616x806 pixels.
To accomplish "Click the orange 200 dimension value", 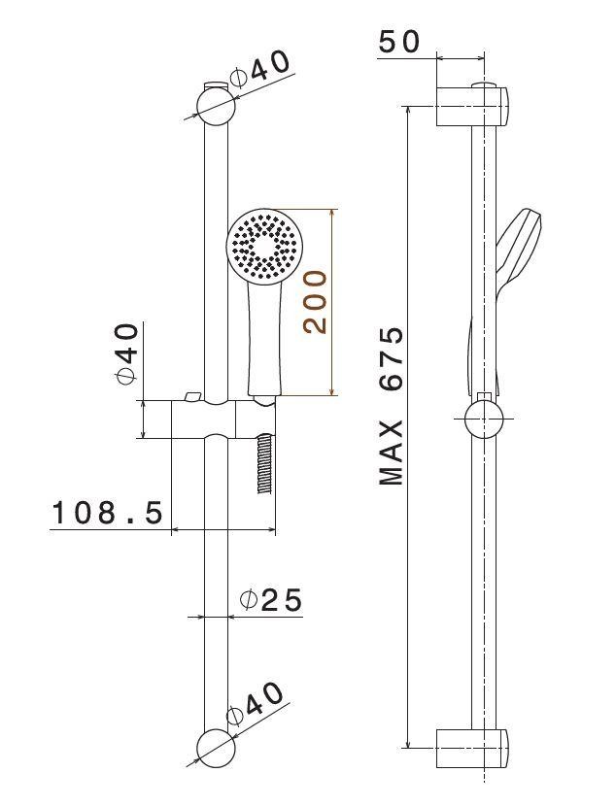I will coord(315,302).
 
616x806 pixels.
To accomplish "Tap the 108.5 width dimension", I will coord(108,512).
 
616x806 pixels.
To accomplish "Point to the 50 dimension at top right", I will coord(399,42).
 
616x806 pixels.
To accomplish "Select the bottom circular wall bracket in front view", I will coord(216,749).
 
